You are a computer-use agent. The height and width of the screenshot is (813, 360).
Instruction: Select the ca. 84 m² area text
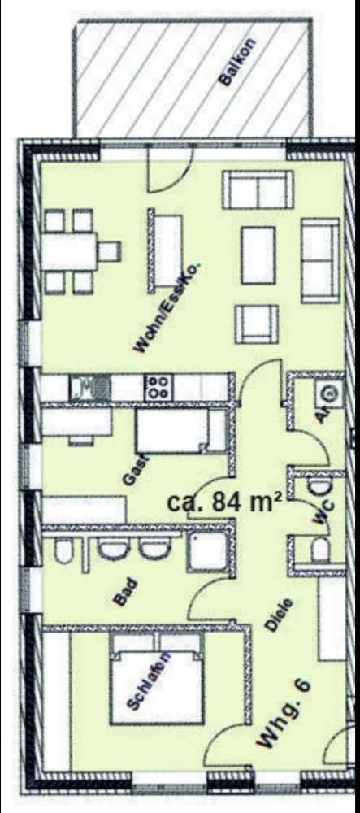(223, 501)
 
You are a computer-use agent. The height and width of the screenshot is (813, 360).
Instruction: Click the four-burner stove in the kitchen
(156, 386)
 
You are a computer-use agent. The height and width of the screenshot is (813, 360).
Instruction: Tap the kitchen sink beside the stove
(89, 387)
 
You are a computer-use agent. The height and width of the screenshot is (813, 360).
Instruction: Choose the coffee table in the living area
(258, 254)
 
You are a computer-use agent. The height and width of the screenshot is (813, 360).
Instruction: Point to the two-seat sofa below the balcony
(257, 191)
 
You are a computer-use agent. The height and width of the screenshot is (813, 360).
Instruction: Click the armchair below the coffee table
(257, 323)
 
